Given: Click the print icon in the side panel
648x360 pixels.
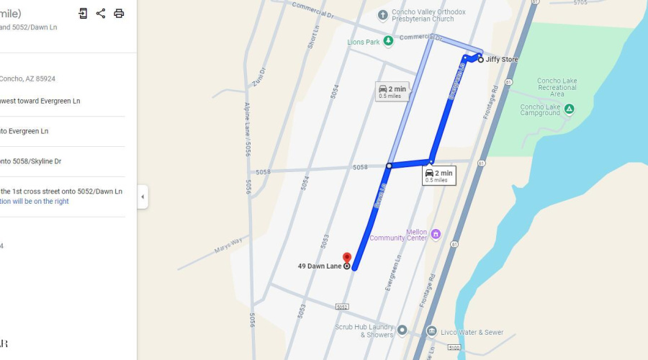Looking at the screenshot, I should (119, 14).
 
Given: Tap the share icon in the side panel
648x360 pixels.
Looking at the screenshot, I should (101, 14).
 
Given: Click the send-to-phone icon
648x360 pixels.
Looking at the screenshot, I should (83, 14).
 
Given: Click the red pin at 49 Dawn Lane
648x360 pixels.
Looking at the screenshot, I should (346, 258).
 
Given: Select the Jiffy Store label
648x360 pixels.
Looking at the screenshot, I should (502, 60).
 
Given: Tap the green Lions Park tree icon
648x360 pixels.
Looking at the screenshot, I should (389, 42).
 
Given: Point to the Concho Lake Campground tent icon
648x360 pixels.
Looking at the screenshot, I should (569, 109).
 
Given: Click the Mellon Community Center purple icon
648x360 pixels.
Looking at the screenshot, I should (435, 233).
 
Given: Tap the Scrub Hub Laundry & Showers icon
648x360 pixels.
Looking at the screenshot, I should (402, 330).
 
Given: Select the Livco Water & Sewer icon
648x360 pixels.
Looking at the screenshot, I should (431, 331).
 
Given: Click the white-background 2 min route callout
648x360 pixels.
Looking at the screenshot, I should (438, 176).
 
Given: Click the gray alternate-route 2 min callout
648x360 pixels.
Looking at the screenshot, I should (392, 91).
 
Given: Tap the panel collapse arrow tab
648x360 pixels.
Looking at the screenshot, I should (143, 197).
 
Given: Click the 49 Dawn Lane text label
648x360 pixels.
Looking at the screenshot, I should (320, 266).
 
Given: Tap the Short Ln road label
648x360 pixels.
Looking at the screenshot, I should (313, 40).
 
